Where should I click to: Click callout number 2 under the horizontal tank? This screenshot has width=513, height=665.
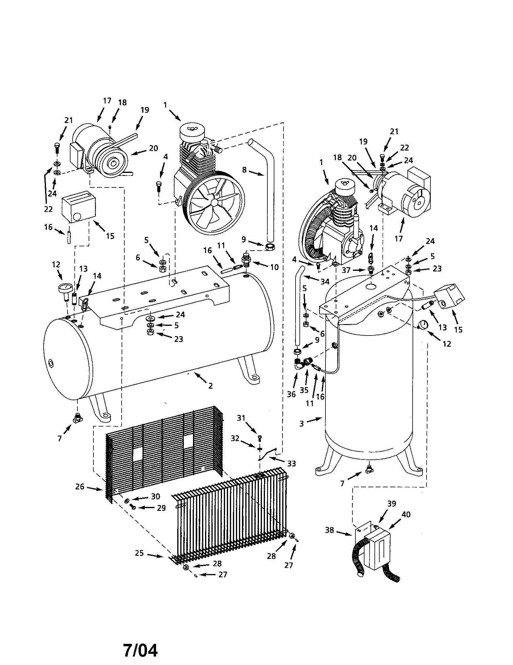pos(210,386)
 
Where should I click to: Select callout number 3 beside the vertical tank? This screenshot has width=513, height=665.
pos(302,423)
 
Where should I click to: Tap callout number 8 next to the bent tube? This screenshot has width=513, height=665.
pos(244,170)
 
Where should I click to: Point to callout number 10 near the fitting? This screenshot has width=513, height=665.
pos(274,267)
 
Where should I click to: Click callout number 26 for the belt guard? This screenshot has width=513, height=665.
pos(80,487)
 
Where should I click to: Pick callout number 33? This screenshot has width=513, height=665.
pos(292,464)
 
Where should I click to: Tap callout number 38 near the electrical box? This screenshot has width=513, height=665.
pos(330,530)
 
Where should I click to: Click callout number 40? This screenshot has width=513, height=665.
pos(406,514)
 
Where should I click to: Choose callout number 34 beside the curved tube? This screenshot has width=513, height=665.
pos(325,282)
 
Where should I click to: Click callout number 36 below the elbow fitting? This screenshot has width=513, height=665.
pos(291,394)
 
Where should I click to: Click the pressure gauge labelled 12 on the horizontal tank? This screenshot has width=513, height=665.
pos(66,288)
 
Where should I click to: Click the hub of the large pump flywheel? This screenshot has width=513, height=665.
pos(215,202)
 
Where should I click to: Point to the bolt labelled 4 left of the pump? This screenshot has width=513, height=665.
pos(158,185)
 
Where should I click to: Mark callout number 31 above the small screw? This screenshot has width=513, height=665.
pos(241,418)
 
